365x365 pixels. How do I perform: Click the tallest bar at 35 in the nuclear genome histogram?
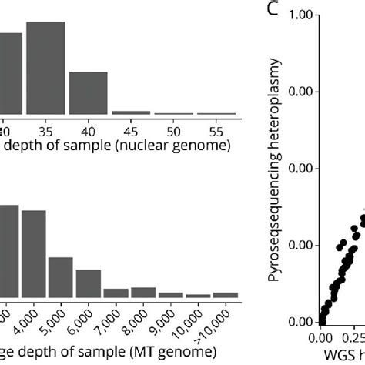point(45,69)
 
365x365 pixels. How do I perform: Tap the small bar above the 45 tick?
point(131,113)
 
